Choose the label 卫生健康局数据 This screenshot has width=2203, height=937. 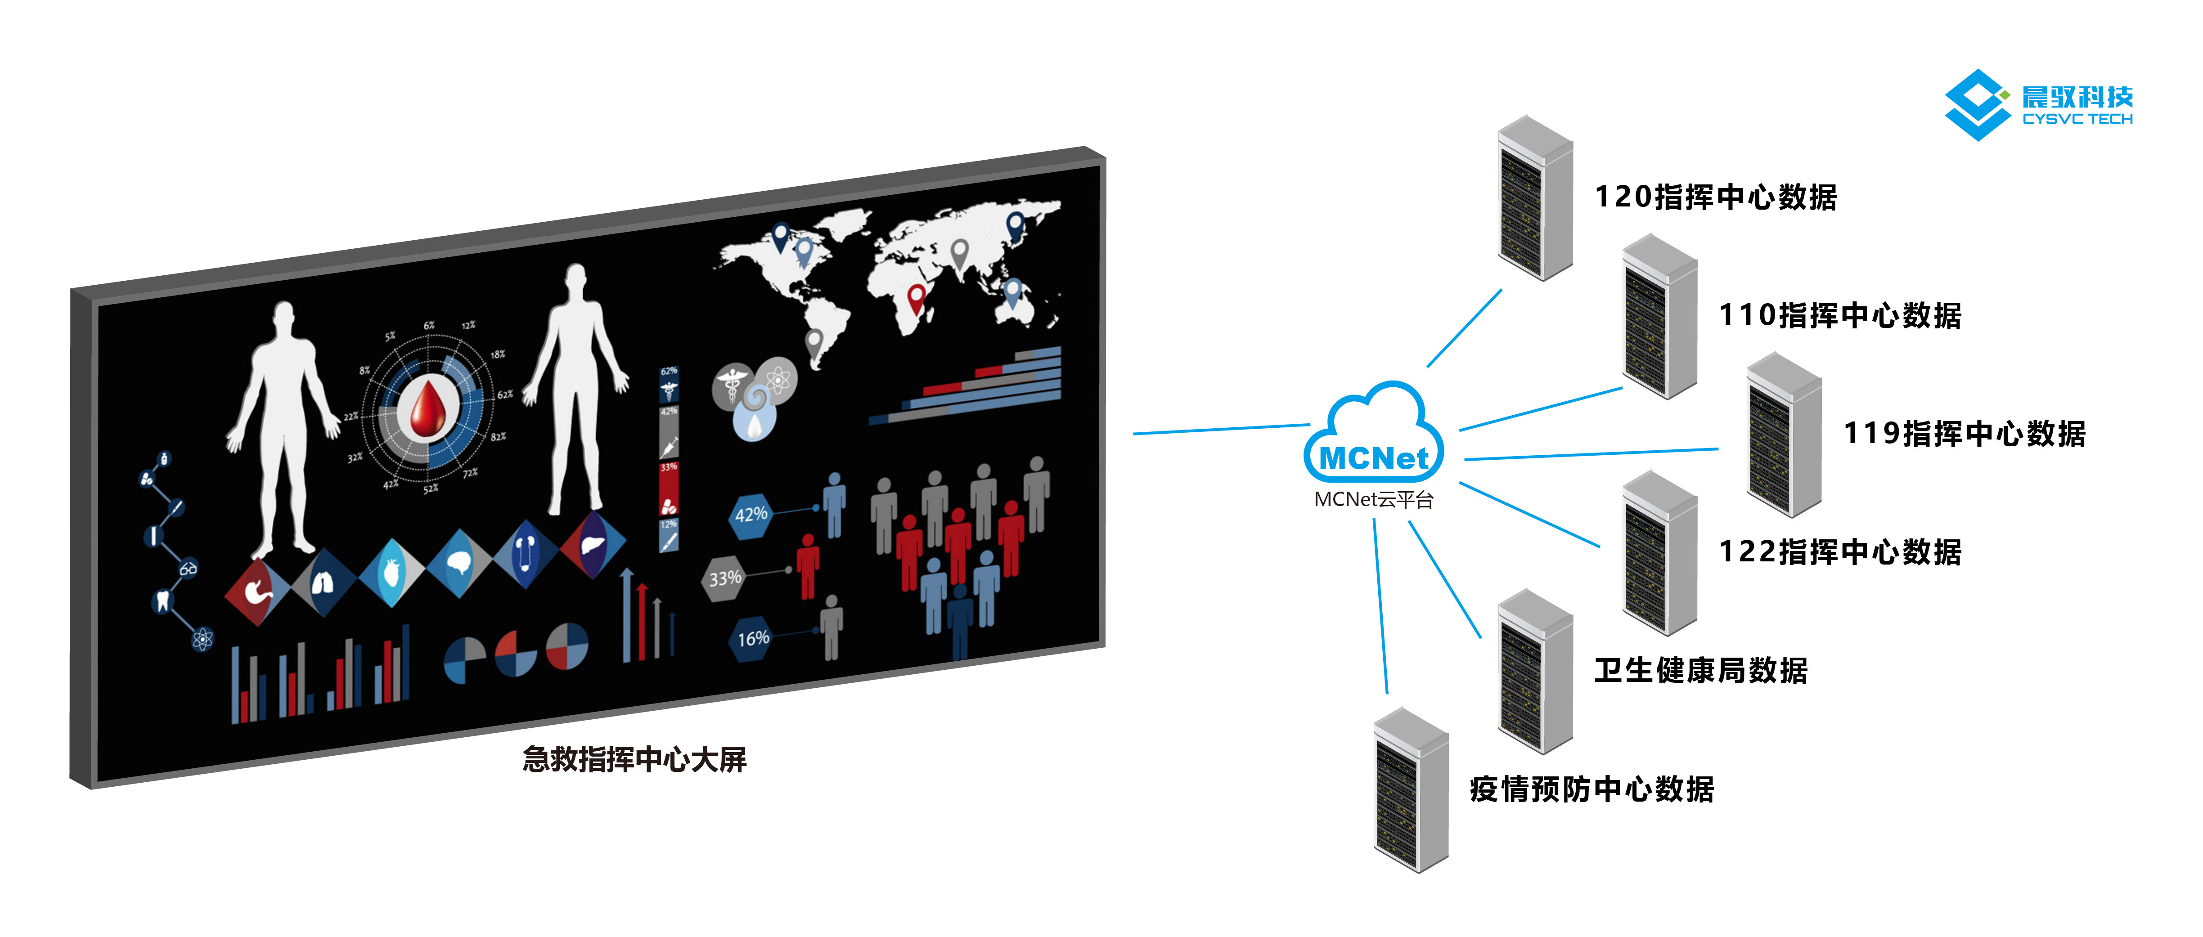(x=1700, y=670)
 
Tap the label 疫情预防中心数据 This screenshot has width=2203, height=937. (x=1592, y=788)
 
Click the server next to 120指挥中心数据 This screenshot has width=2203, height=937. (x=1535, y=198)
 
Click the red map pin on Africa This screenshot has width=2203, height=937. (x=916, y=296)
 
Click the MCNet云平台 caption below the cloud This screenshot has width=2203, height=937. (x=1373, y=499)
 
